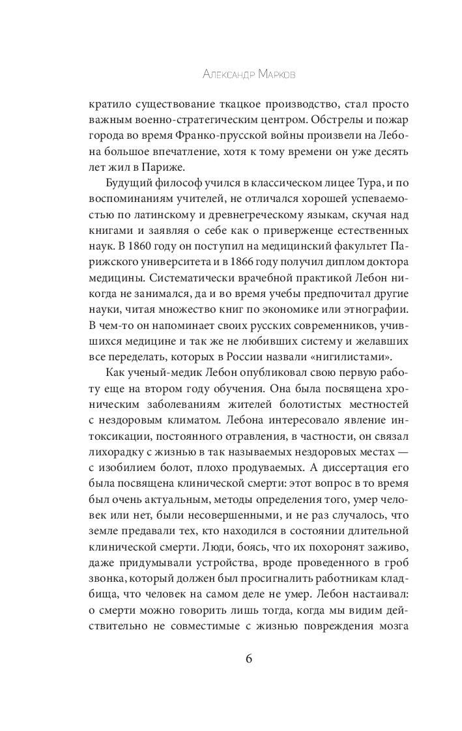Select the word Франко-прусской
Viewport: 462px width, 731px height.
(x=233, y=137)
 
